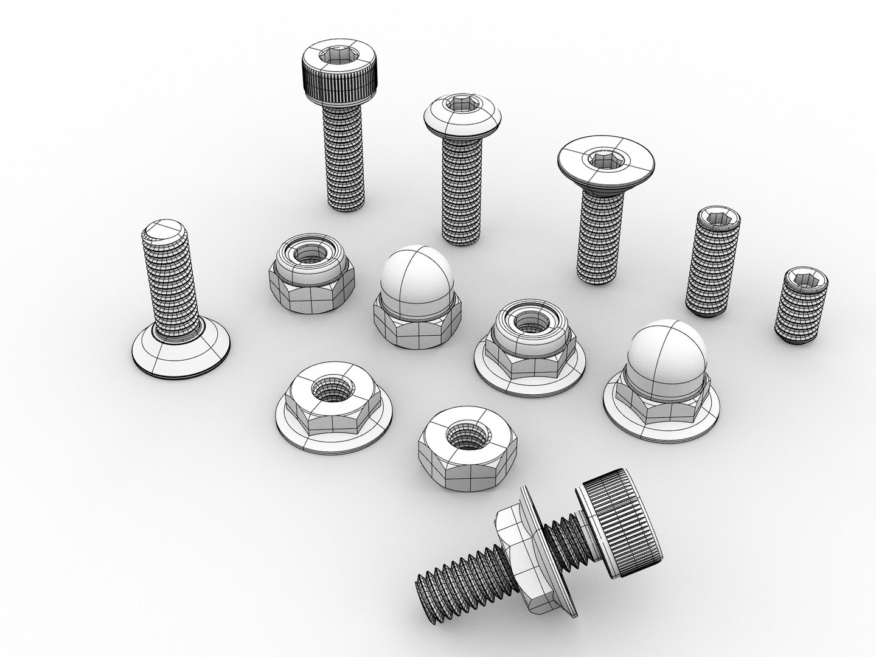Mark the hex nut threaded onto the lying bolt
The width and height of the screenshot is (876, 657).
[x=517, y=547]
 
